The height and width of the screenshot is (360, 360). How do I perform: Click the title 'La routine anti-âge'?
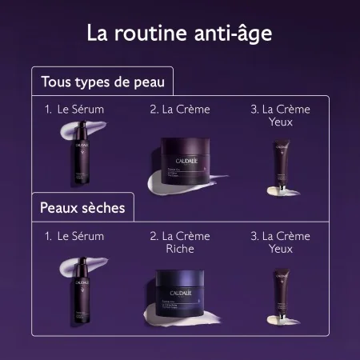tap(179, 34)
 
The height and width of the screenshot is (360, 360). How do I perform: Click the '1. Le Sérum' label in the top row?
tap(75, 108)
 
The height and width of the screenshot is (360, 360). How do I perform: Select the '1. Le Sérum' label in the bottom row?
tap(75, 236)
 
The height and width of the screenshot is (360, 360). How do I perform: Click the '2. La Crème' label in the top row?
tap(179, 108)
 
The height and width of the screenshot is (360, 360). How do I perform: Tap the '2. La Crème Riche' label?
tap(179, 242)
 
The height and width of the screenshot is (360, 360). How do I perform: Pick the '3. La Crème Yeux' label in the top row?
tap(280, 114)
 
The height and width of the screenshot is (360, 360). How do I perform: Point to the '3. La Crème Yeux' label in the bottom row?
tap(280, 242)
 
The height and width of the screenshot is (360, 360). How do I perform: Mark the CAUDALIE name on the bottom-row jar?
tap(182, 282)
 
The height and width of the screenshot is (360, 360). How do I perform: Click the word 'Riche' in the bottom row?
tap(180, 250)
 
